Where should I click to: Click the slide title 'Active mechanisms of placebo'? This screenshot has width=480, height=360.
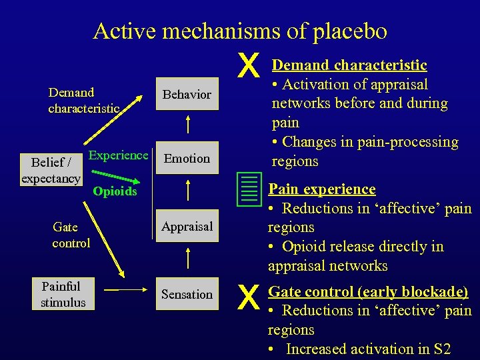(x=240, y=31)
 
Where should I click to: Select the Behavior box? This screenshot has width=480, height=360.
(x=187, y=95)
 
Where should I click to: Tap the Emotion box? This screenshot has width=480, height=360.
(x=187, y=158)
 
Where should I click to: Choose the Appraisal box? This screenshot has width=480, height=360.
(x=187, y=227)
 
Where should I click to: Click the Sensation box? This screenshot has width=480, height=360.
(x=187, y=294)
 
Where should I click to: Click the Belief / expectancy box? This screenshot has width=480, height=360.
(x=51, y=170)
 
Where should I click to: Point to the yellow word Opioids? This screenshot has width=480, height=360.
(x=115, y=192)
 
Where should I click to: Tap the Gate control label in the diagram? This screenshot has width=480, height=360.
(x=71, y=235)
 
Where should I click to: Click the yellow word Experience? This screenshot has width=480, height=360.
(x=118, y=155)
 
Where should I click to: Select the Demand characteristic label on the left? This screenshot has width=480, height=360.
(x=83, y=100)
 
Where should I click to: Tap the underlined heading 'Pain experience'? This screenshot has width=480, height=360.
(x=321, y=189)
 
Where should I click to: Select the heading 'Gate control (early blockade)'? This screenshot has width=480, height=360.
(x=368, y=291)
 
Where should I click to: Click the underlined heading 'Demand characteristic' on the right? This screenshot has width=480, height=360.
(x=349, y=65)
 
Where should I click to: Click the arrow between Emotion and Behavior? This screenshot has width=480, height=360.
(x=187, y=125)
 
